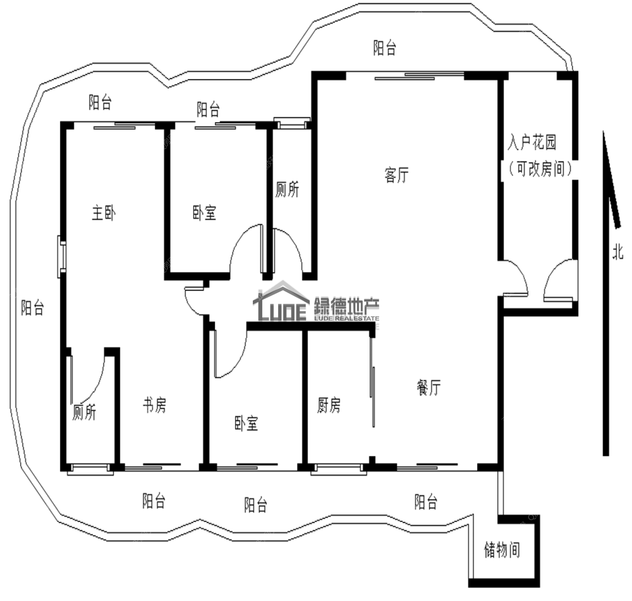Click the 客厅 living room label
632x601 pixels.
coord(397,175)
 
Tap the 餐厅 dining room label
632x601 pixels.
coord(429,387)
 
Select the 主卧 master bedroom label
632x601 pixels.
coord(104,213)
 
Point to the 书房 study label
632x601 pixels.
coord(154,405)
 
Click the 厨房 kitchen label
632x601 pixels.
coord(329,405)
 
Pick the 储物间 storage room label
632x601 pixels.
coord(502,550)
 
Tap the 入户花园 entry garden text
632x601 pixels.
coord(532,142)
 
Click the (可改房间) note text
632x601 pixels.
coord(540,169)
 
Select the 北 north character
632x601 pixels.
coord(618,251)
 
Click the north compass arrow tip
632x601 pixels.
coord(604,132)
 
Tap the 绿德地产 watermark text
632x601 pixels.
coord(346,306)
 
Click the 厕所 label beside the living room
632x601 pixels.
coord(287,189)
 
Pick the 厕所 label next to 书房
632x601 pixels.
coord(84,412)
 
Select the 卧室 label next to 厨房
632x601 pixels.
coord(246,423)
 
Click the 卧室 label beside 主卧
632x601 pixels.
coord(204,213)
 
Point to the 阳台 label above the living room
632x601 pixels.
coord(385,48)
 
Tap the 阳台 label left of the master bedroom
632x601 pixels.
coord(32,308)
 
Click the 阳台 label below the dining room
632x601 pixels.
coord(426,502)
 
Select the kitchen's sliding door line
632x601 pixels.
coord(372,397)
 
